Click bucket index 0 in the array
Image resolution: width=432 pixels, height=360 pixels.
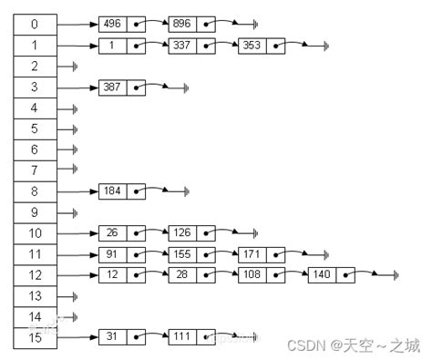click(x=35, y=24)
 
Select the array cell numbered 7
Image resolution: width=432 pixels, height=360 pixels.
click(x=35, y=170)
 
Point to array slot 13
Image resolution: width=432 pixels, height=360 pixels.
click(x=35, y=296)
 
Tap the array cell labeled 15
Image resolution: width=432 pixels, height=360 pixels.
click(x=35, y=338)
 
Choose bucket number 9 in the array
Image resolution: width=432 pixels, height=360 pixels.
click(x=35, y=212)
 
